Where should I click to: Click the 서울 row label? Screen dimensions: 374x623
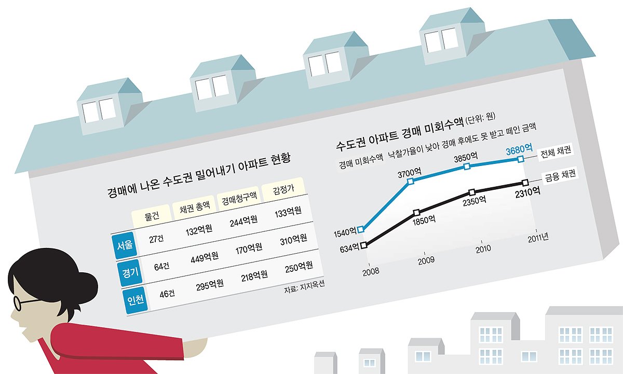coord(124,245)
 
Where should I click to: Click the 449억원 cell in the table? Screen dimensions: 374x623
coord(201,256)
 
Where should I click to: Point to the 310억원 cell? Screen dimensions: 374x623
coord(292,239)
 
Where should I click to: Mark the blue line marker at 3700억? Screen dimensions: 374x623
coord(411,182)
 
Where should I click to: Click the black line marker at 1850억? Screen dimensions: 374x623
coord(416,213)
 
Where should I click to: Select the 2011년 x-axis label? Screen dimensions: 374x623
coord(538,239)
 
